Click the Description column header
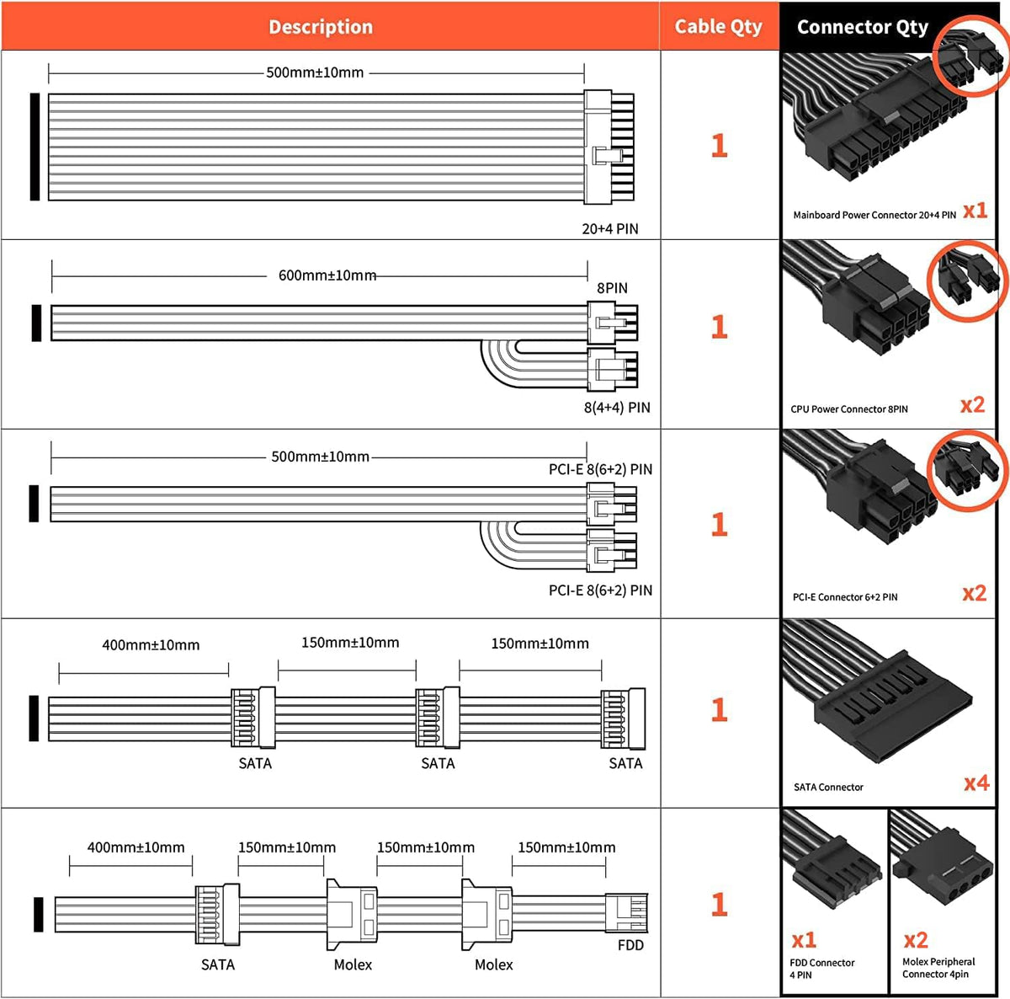(321, 27)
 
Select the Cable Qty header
(718, 27)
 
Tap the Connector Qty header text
(862, 28)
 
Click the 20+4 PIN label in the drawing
(609, 228)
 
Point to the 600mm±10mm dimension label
(327, 275)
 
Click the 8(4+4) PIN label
(617, 408)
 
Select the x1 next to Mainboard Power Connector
(975, 211)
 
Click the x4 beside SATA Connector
(975, 783)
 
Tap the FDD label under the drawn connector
(630, 945)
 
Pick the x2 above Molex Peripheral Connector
(916, 940)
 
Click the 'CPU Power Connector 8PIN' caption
(848, 409)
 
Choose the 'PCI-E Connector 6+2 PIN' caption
(844, 597)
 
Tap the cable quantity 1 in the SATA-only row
(719, 710)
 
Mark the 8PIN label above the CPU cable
(612, 288)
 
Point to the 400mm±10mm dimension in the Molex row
(136, 847)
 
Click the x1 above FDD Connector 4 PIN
(804, 940)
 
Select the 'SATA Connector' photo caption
(828, 788)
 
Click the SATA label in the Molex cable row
(217, 964)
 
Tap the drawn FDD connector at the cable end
(626, 914)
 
